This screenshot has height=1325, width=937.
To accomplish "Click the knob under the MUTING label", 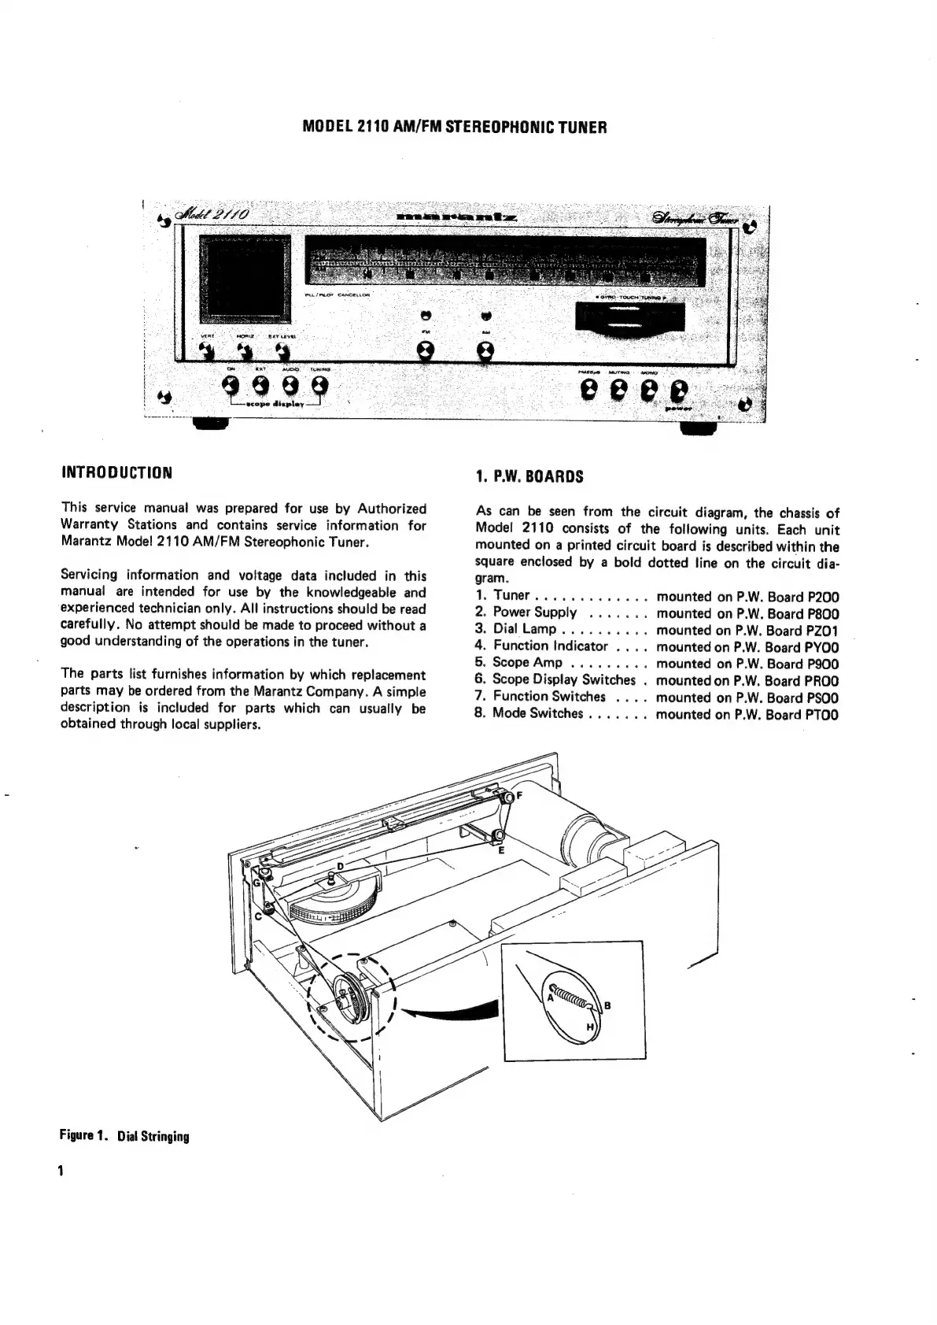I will pos(619,388).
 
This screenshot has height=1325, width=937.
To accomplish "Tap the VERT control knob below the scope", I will pos(206,350).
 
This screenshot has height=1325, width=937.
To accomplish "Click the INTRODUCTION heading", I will pos(116,473).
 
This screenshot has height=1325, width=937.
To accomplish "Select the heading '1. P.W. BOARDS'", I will pos(529,476).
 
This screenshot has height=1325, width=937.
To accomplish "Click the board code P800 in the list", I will pos(823,613).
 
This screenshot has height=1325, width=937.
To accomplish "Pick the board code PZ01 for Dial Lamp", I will pos(823,630).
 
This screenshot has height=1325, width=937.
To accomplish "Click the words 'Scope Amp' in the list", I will pos(527,663).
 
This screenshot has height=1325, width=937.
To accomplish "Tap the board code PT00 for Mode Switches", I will pos(822,715).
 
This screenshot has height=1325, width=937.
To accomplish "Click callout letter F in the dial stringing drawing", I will pos(519,795).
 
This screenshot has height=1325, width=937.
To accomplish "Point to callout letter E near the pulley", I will pos(502,850).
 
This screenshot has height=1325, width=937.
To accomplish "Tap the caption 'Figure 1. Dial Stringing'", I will pos(124,1136).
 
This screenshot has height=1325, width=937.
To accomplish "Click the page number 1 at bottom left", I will pos(60,1170).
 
